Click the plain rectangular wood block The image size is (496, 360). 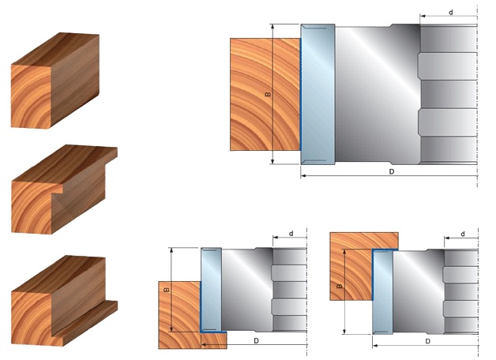55,81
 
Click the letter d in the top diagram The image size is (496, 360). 451,13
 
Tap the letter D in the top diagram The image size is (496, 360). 392,171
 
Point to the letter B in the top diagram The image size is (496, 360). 268,94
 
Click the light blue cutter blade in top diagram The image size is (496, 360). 318,94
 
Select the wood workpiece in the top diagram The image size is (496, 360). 265,94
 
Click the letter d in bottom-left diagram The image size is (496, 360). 291,234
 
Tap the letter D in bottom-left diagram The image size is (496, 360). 256,341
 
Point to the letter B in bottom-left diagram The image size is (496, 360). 167,290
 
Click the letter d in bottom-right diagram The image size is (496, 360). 463,234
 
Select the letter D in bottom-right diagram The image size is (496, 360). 427,341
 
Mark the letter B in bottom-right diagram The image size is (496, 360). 340,286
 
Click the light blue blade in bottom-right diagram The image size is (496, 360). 383,291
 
